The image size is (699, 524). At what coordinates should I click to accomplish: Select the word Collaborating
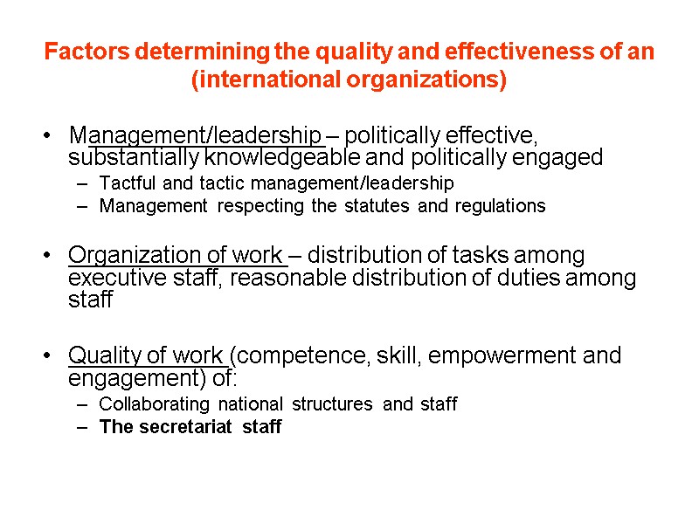154,404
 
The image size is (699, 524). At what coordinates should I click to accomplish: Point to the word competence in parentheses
286,356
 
